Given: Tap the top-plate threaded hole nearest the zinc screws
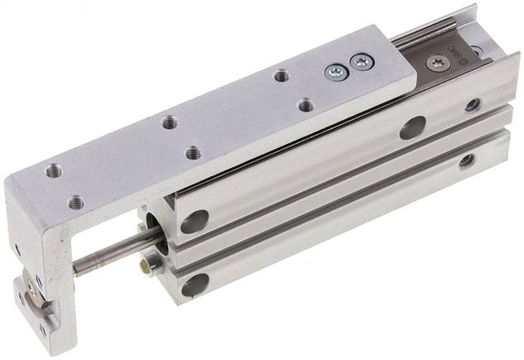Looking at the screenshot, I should (281, 74).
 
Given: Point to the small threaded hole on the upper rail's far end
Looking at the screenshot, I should (473, 105).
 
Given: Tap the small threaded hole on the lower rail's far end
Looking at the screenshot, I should (467, 160).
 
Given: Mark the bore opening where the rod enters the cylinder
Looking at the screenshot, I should (153, 230).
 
